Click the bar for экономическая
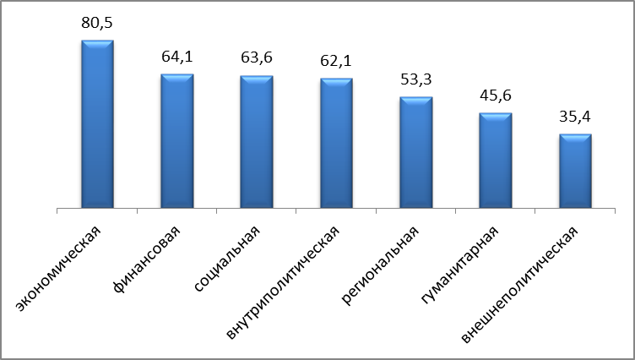tap(97, 123)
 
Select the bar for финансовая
tap(176, 141)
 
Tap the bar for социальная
tap(256, 142)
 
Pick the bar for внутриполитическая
tap(336, 144)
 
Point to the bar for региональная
tap(415, 153)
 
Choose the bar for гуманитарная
tap(496, 161)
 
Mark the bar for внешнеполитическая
tap(575, 172)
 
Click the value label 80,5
tap(97, 25)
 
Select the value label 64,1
tap(177, 59)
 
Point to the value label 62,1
tap(336, 63)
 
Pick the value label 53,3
tap(416, 82)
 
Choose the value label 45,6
tap(496, 97)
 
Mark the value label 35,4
tap(575, 117)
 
